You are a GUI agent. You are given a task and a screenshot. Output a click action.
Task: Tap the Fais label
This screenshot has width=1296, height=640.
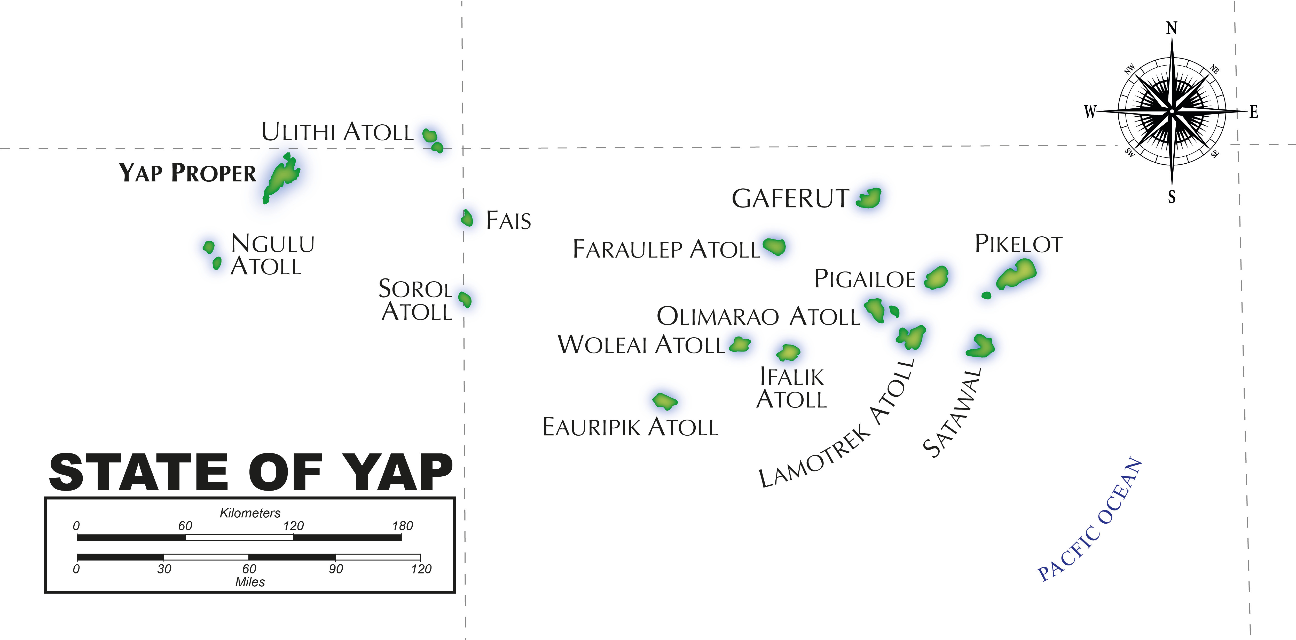coord(508,220)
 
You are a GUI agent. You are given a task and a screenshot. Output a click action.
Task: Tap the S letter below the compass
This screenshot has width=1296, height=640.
coord(1172,197)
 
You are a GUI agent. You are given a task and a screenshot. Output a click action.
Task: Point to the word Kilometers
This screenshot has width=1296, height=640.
coord(250,513)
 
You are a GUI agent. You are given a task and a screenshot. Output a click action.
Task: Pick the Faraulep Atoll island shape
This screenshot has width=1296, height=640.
coord(774,246)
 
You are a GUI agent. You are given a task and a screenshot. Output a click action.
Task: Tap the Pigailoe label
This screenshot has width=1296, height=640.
coord(864,279)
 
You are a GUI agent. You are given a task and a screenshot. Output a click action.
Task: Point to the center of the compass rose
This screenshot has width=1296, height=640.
coord(1172,111)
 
